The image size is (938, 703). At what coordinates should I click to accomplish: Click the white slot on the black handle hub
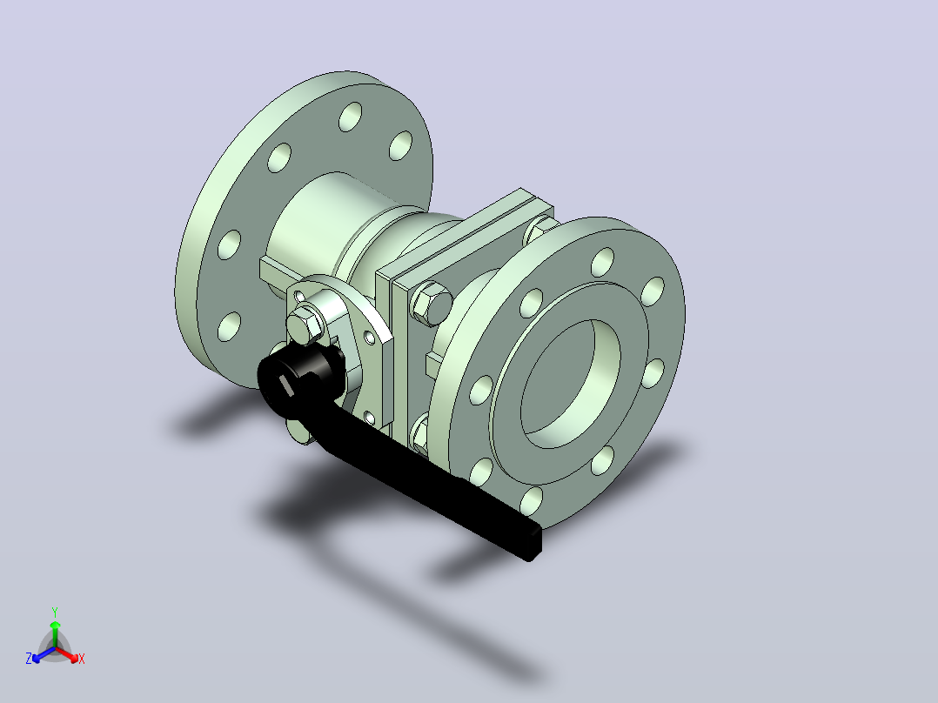[284, 386]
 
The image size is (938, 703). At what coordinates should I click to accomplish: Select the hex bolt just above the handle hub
[305, 326]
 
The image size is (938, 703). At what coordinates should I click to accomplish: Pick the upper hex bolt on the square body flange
[432, 304]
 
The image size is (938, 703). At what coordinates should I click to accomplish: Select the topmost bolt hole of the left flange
[351, 117]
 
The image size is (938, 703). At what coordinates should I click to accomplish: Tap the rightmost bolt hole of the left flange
[401, 145]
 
